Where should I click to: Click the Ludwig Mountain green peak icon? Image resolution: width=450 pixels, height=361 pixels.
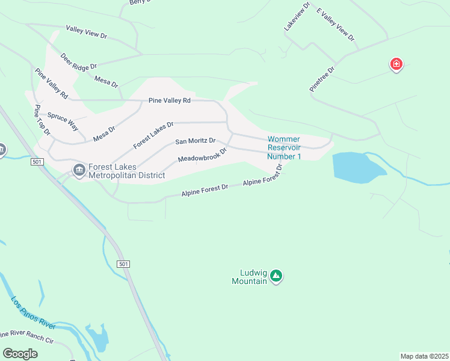pyautogui.click(x=276, y=276)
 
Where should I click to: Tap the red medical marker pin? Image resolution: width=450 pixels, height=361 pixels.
pyautogui.click(x=396, y=64)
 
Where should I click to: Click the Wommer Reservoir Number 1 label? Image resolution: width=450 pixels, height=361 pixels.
pyautogui.click(x=284, y=148)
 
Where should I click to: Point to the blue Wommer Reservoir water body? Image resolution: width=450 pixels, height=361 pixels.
pyautogui.click(x=357, y=166)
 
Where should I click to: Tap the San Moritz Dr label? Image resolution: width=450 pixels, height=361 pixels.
pyautogui.click(x=195, y=141)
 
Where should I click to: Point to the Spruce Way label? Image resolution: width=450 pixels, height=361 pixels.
pyautogui.click(x=63, y=122)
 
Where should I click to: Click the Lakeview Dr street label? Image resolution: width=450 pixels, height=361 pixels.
pyautogui.click(x=297, y=17)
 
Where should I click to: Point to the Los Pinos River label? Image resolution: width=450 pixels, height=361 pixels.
pyautogui.click(x=33, y=313)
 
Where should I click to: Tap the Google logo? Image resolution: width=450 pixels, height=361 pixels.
pyautogui.click(x=20, y=354)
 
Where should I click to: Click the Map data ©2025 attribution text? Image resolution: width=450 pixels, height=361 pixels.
pyautogui.click(x=424, y=356)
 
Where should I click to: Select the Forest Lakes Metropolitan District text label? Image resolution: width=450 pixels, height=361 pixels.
pyautogui.click(x=126, y=171)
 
